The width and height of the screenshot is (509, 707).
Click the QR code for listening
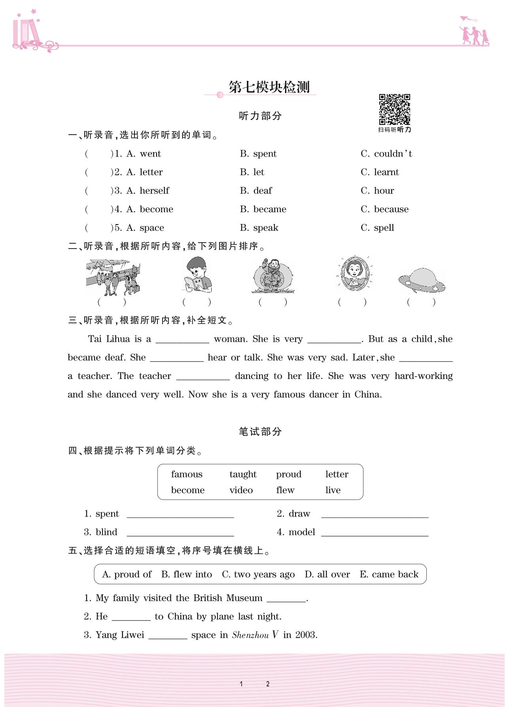pos(394,109)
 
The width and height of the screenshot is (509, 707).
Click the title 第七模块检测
pos(269,87)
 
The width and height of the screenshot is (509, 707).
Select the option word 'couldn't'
pos(393,154)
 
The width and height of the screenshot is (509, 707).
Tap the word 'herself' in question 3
pos(154,191)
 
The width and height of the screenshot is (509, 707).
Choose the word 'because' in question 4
pos(391,209)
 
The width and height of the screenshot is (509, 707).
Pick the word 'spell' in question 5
pos(384,228)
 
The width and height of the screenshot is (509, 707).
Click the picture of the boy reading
pos(198,275)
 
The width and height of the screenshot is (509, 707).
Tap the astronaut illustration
pos(272,275)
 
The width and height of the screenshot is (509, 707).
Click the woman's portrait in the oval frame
pos(354,273)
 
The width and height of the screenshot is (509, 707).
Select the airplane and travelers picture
pos(113,277)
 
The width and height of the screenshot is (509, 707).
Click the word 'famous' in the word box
pos(187,474)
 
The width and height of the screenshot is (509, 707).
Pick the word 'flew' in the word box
pos(285,490)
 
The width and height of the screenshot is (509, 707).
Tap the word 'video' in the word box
pos(241,490)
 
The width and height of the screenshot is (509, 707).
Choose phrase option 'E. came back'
pos(389,575)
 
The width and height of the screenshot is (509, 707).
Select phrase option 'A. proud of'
pos(127,575)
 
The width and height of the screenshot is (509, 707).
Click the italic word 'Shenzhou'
pos(250,635)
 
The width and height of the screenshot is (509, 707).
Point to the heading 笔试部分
pos(260,432)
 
